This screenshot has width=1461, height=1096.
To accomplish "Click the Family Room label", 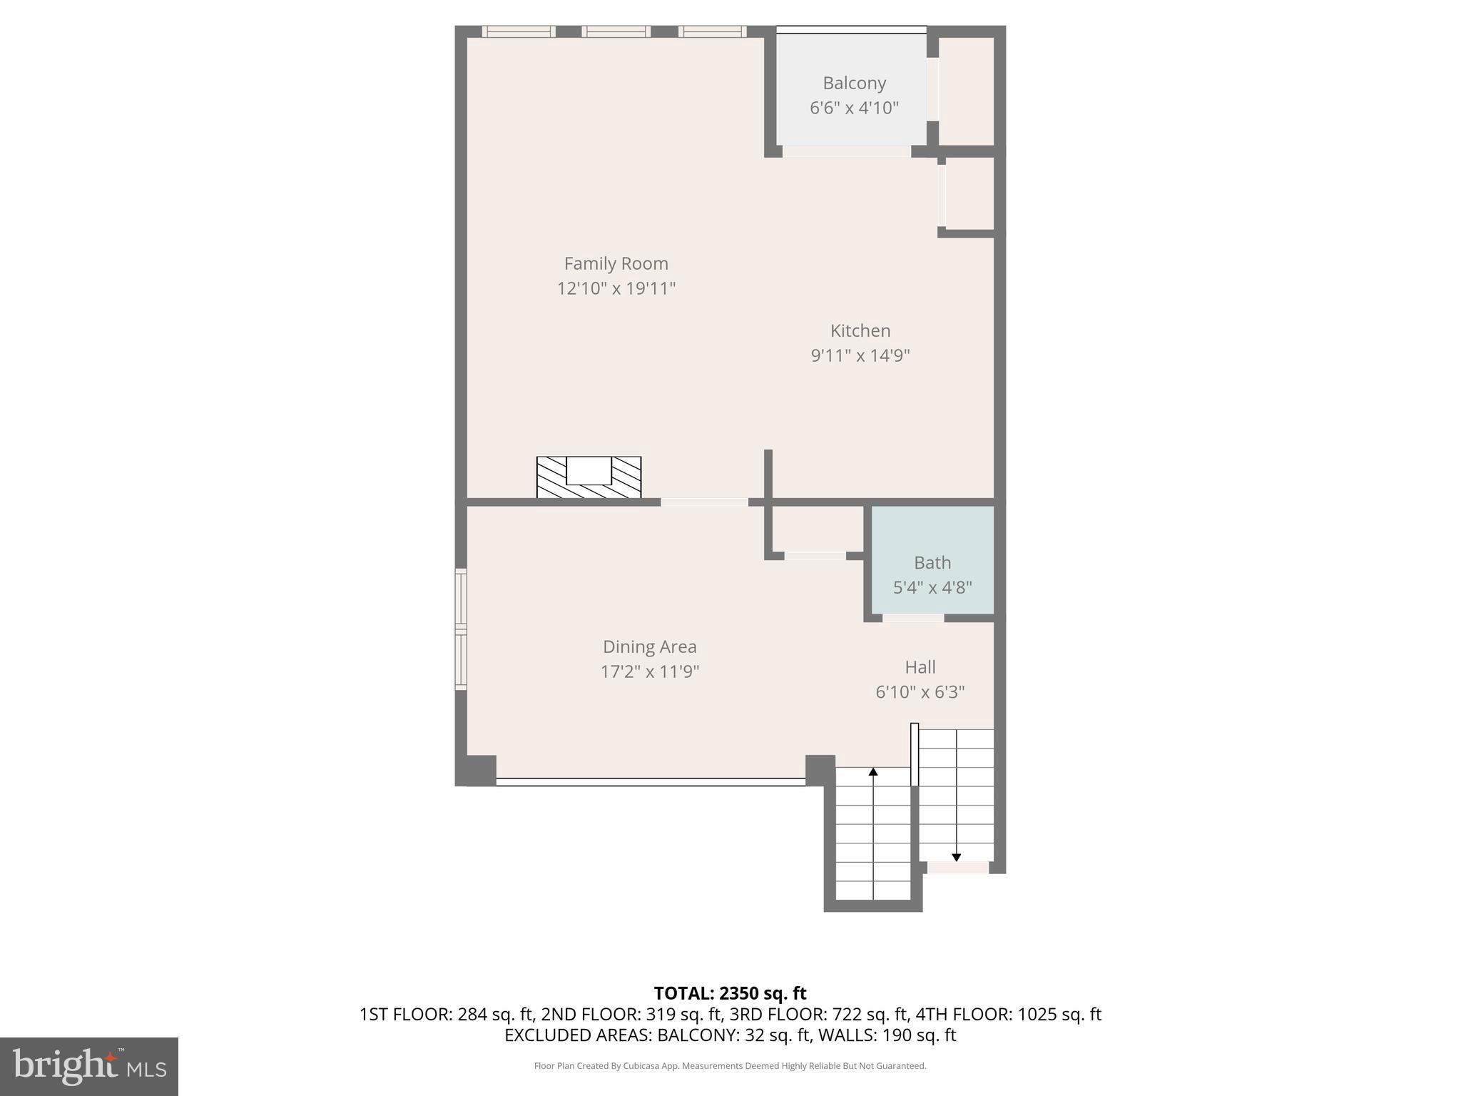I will point(616,263).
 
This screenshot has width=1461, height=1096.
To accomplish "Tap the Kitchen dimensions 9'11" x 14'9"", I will point(860,355).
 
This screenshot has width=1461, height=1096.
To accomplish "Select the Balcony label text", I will point(854,83).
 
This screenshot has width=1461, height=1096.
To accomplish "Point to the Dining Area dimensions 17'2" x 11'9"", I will point(649,671).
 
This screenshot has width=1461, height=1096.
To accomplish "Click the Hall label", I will point(920,667).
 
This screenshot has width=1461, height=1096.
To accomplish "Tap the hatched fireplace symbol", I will point(589,477).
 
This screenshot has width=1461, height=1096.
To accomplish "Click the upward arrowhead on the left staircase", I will point(873,771).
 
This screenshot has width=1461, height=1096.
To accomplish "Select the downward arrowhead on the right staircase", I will point(956,857).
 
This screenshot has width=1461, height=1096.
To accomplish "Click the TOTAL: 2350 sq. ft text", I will point(730,993).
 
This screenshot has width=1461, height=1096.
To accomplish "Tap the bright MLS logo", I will point(89,1066).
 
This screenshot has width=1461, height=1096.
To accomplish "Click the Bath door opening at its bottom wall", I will point(913,618).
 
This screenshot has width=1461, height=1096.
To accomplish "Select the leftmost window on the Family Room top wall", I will point(519,31).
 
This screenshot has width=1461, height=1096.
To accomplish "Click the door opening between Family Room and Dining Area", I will point(704,502).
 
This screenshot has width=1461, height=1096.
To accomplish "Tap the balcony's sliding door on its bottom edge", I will point(846,151).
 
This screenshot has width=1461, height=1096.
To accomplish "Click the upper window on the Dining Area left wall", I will point(461,598).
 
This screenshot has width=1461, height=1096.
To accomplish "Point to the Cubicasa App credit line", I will point(730,1066).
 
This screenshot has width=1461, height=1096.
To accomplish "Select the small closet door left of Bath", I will point(815,556).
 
